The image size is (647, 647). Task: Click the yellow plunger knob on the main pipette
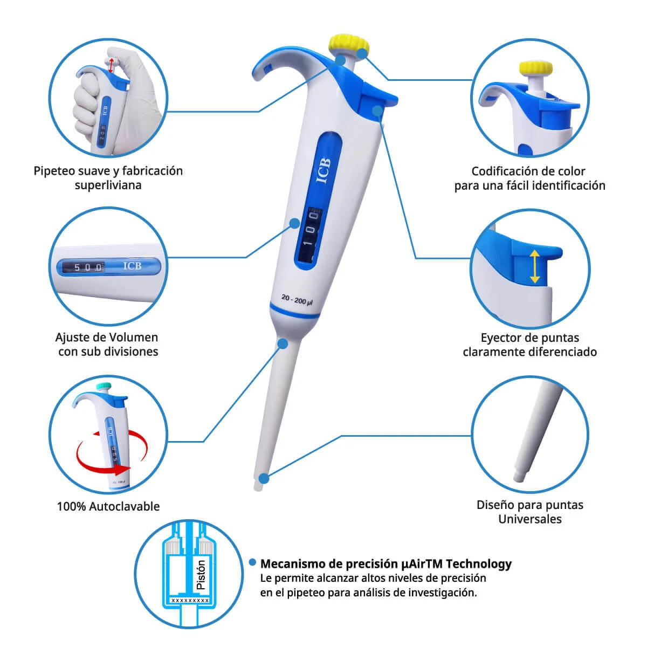(x=349, y=44)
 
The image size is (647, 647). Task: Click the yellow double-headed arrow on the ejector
(x=535, y=266)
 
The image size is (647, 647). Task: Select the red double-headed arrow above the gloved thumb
(x=111, y=65)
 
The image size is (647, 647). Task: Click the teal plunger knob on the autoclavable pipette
(x=104, y=386)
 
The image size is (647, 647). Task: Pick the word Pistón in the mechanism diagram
(x=201, y=574)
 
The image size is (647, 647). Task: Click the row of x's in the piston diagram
(x=190, y=600)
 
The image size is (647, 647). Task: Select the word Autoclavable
(x=124, y=506)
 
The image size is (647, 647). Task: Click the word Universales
(x=530, y=519)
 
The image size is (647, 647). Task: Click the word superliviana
(x=108, y=185)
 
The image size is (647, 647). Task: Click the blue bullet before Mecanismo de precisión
(x=252, y=562)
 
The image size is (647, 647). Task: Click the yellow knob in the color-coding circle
(x=535, y=68)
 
